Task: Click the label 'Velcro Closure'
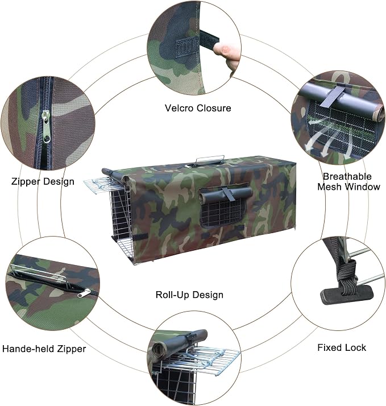pos(198,108)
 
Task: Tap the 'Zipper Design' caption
pos(43,181)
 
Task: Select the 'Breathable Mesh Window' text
pos(348,181)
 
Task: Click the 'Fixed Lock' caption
pos(342,347)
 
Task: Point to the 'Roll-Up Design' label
pos(189,295)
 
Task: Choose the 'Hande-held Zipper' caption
pos(44,349)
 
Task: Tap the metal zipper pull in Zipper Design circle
pos(46,127)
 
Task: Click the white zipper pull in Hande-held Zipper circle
pos(84,293)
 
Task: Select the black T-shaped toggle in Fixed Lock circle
pos(347,295)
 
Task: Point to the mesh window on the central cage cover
pos(224,212)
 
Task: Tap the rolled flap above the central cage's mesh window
pos(225,194)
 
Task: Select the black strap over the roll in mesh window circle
pos(333,97)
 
